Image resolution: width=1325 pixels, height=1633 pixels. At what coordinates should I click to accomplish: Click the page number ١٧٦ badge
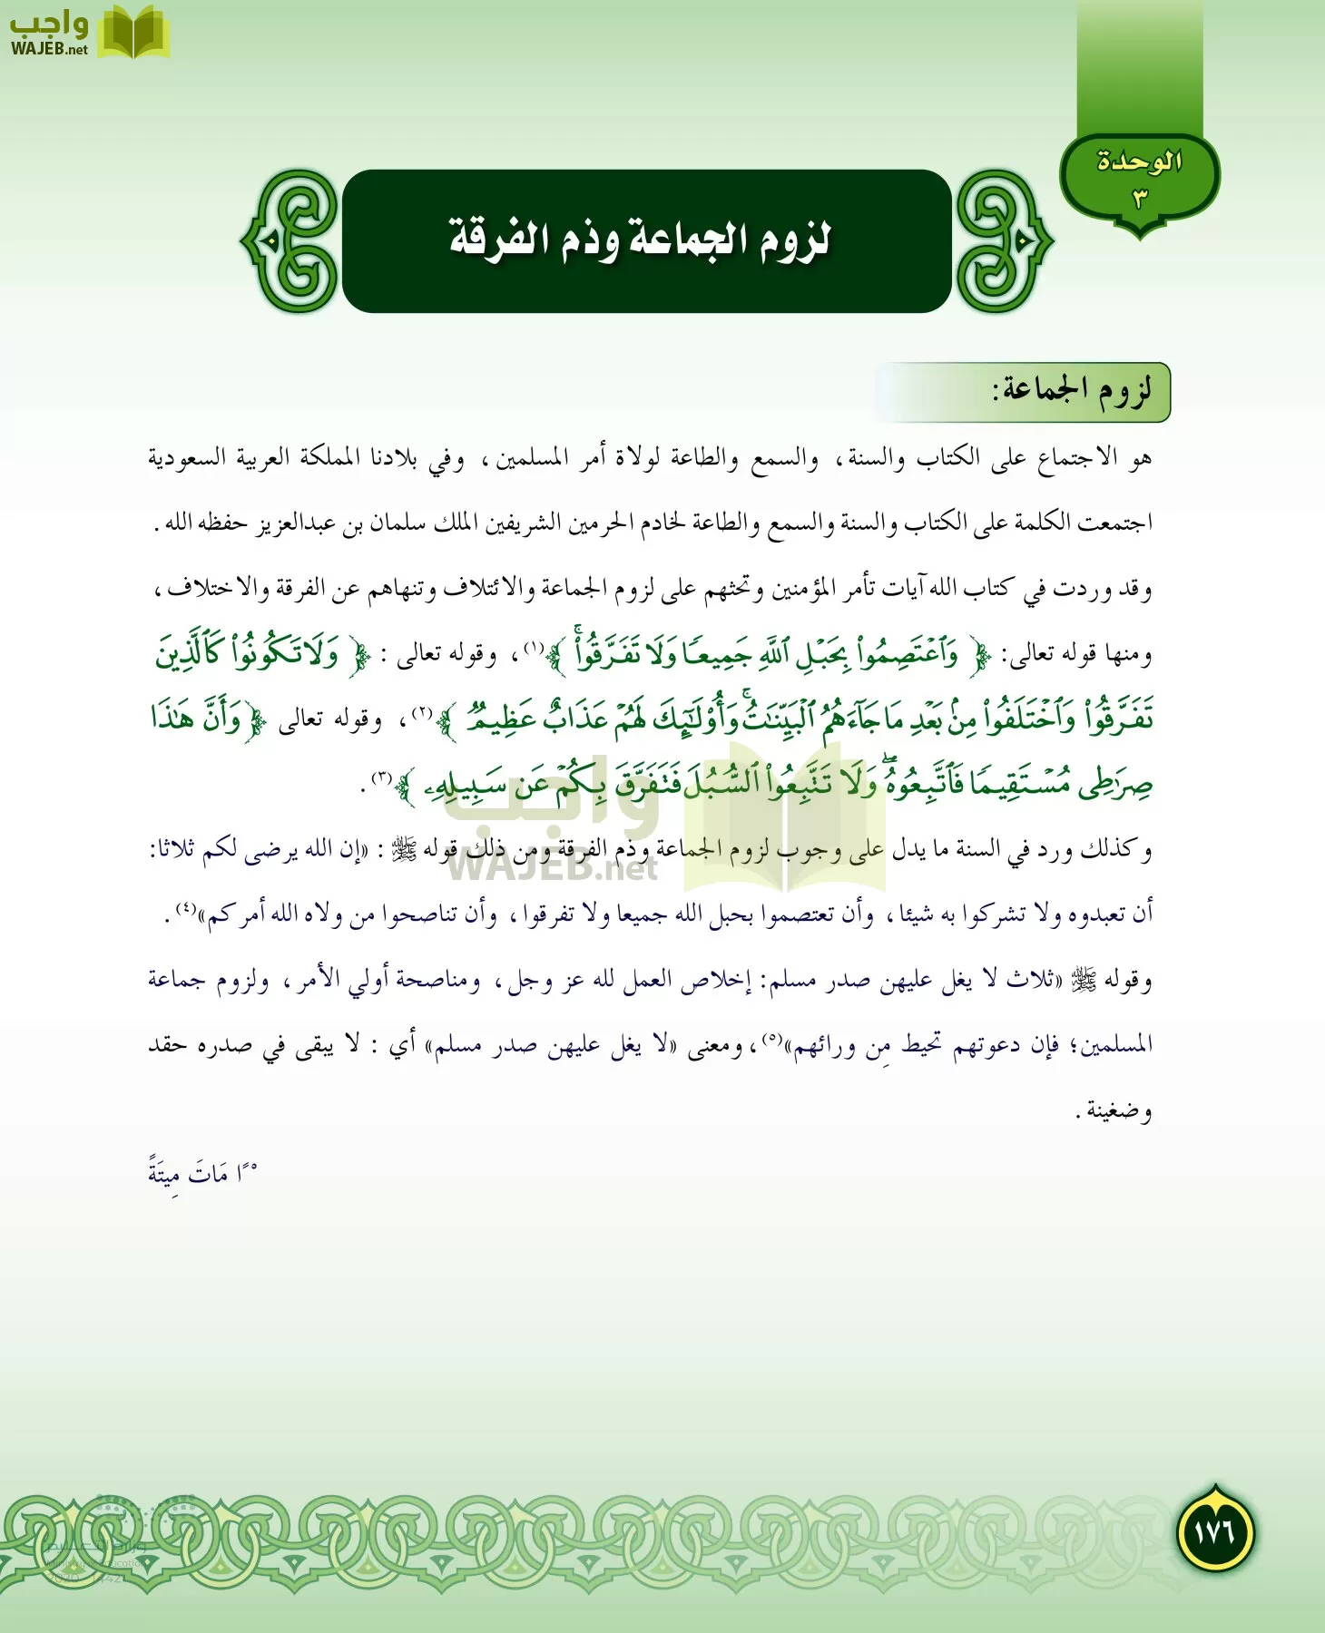coord(1215,1532)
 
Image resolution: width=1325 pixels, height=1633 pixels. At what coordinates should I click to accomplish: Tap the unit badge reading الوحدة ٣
coord(1139,177)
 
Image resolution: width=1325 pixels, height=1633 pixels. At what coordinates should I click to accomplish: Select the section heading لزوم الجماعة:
coord(1071,391)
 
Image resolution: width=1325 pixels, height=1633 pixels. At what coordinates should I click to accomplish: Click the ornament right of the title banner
coord(1003,241)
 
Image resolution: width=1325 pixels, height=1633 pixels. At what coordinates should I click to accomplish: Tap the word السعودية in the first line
coord(187,457)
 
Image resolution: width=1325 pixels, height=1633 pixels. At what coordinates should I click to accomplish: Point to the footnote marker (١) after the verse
coord(533,649)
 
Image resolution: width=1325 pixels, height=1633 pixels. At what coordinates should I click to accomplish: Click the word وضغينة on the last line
coord(1118,1110)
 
